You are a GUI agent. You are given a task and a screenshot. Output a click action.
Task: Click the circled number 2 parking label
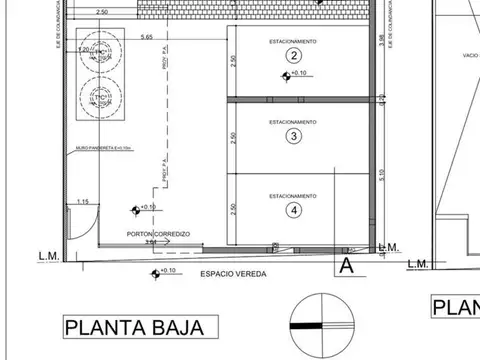coord(293,56)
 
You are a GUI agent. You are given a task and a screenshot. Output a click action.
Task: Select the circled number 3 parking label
coord(293,135)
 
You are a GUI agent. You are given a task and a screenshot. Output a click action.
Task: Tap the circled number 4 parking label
coord(293,210)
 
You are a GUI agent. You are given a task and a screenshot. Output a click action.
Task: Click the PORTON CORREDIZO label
coord(152,234)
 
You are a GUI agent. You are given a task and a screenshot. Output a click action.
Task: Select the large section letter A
coord(346,266)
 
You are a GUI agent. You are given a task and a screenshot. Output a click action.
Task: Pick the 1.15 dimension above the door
coord(84,201)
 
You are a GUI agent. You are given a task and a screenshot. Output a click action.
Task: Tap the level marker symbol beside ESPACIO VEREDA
coord(153,272)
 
